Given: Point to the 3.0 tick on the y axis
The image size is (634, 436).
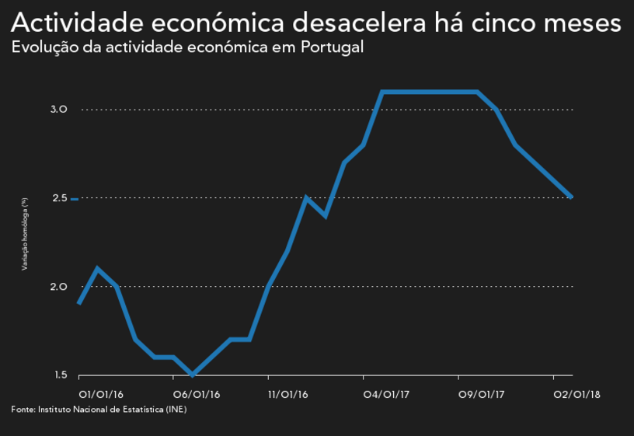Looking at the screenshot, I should (59, 110).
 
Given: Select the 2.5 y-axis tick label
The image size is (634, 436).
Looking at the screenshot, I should (59, 198).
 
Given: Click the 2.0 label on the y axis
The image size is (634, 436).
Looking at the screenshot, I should (59, 287).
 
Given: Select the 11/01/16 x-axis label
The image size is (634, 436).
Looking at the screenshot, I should (287, 394).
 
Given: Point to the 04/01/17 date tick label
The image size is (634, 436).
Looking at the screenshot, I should (386, 394).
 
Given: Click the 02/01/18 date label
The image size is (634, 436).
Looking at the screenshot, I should (576, 394).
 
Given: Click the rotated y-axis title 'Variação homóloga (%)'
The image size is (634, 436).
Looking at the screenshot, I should (25, 234).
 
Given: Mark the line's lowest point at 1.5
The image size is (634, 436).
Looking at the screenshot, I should (193, 375).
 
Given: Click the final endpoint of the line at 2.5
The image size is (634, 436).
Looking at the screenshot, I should (572, 197).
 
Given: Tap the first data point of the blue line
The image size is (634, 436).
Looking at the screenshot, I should (78, 303).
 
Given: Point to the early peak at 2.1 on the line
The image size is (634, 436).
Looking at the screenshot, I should (97, 269).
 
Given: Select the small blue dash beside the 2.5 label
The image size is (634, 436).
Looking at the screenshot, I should (75, 200).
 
